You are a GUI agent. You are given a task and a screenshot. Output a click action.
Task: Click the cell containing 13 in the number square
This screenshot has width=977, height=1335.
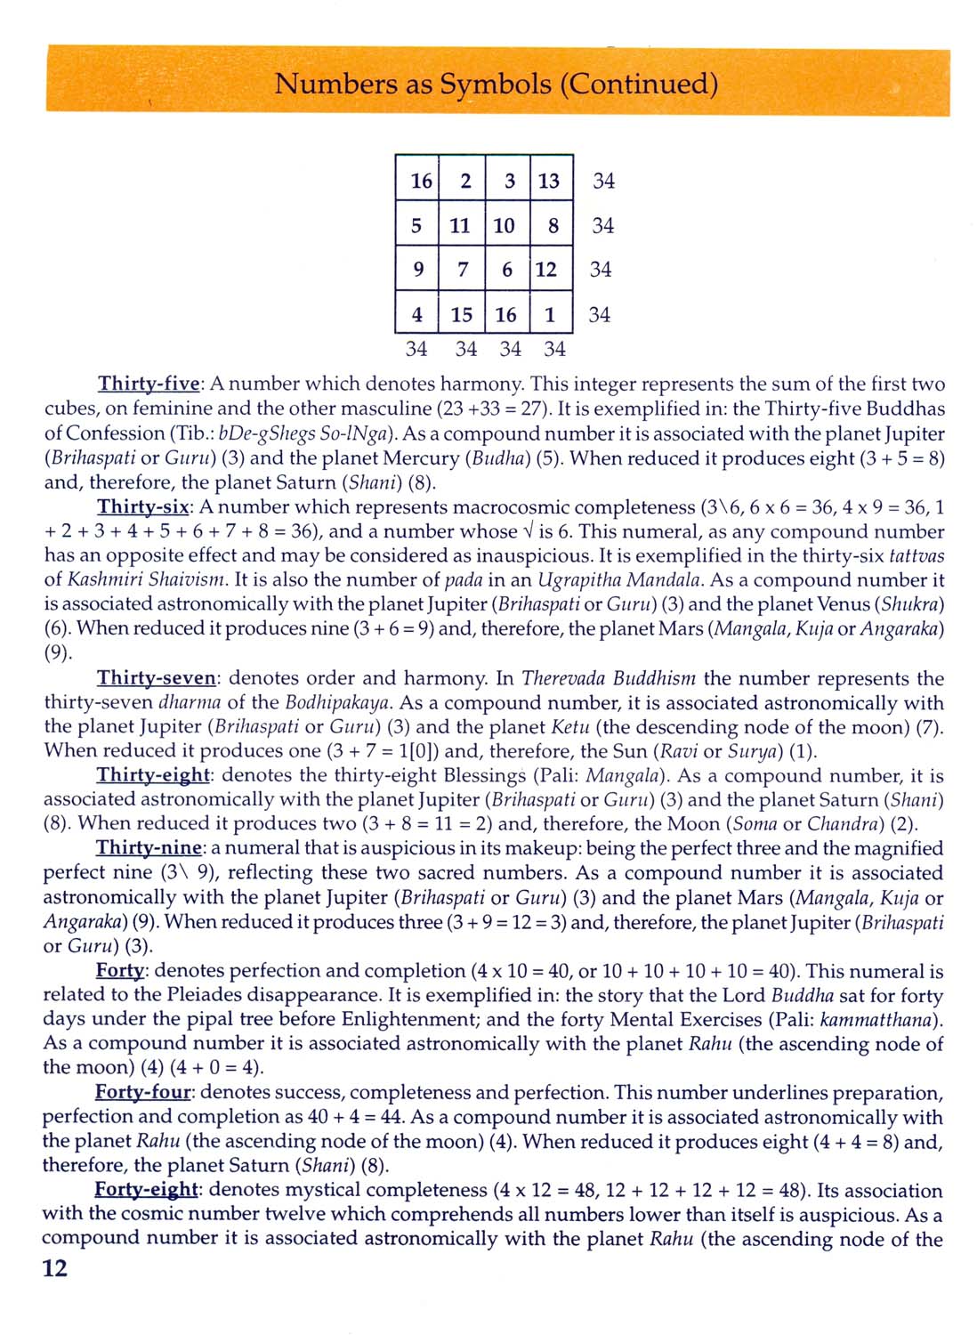pos(550,181)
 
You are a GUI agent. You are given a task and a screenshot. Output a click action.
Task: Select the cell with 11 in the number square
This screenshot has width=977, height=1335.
pos(460,225)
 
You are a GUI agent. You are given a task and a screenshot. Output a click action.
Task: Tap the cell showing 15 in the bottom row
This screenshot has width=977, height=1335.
pos(461,314)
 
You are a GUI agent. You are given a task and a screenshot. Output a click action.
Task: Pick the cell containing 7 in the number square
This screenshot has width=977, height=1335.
pos(462,270)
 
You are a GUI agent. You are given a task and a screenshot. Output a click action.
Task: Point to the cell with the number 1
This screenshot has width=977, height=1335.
pos(550,314)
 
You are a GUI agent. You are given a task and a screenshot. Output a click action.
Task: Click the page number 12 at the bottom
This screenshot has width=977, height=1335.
pos(55,1268)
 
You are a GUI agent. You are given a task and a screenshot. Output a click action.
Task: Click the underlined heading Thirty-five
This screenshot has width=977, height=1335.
pos(150,384)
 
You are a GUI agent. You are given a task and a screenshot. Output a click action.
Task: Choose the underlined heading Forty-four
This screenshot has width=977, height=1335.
pos(145,1093)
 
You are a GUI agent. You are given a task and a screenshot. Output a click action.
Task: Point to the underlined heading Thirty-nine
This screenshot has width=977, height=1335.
pos(150,848)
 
